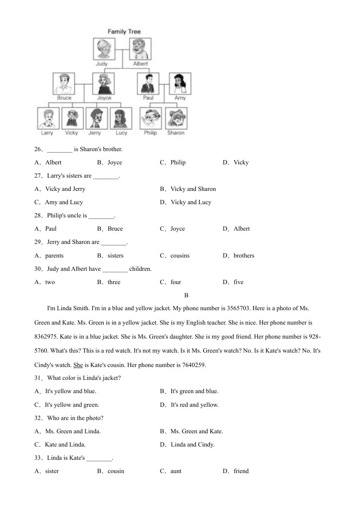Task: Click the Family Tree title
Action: [124, 32]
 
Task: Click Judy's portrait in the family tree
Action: [104, 49]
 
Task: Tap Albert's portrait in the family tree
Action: [140, 49]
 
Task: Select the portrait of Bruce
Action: [64, 84]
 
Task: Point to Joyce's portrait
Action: [103, 84]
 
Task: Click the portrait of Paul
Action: [148, 84]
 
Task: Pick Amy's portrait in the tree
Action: [180, 84]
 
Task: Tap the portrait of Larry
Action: [48, 119]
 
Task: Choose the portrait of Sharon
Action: [176, 119]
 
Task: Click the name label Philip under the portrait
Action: [150, 133]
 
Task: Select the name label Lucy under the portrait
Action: [121, 133]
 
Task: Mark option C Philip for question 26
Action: [178, 162]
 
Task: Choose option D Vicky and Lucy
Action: [191, 202]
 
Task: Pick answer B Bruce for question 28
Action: [115, 229]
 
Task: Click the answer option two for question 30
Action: [50, 282]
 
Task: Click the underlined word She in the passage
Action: [78, 365]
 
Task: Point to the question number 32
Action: [38, 418]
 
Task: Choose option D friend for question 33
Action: [241, 471]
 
